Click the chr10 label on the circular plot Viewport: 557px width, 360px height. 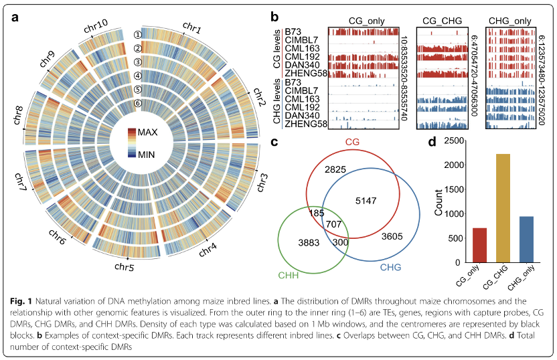pos(96,27)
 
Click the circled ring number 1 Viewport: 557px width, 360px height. pos(138,35)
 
